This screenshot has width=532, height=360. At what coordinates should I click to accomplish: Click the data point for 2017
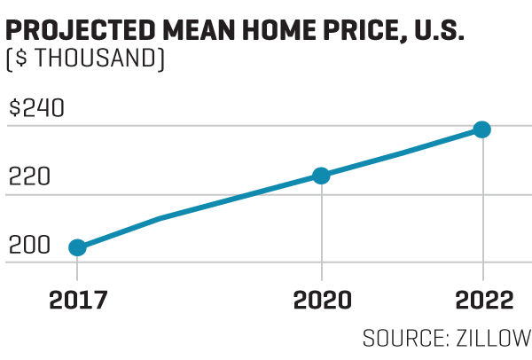[x=77, y=247]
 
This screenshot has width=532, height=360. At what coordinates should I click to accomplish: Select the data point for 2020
[x=321, y=176]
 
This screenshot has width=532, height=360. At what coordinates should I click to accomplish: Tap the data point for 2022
[x=481, y=129]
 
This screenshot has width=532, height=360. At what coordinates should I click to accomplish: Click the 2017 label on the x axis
[x=77, y=301]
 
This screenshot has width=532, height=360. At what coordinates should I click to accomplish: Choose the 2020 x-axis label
[x=322, y=301]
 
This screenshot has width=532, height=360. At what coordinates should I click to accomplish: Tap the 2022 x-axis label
[x=482, y=301]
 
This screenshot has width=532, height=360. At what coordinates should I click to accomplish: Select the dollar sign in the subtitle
[x=20, y=60]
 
